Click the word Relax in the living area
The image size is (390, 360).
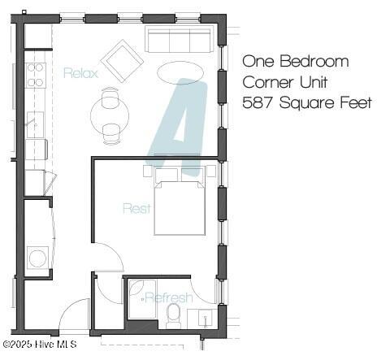tap(80, 73)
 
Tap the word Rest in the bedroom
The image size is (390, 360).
tap(136, 208)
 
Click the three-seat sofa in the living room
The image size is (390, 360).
tap(179, 39)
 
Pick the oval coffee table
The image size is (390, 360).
tap(180, 72)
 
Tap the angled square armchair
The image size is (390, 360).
tap(122, 60)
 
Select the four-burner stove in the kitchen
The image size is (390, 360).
tap(36, 75)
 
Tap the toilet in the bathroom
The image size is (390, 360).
tap(173, 314)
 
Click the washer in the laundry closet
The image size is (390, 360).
tap(37, 258)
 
